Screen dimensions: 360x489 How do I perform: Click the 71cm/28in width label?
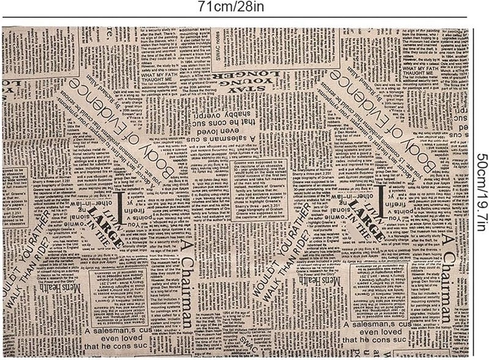[244, 7]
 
